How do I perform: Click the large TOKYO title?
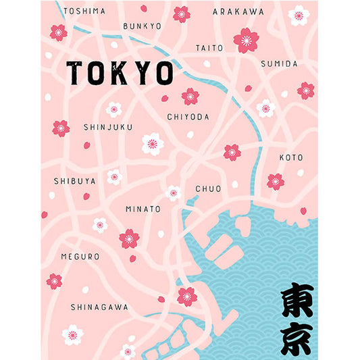click(120, 74)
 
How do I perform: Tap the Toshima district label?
click(85, 11)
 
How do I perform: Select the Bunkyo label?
click(143, 26)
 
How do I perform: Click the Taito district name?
click(209, 48)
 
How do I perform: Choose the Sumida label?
click(279, 63)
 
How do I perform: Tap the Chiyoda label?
click(188, 117)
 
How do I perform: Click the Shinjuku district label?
click(108, 127)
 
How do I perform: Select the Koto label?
click(291, 157)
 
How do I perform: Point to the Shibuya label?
click(74, 181)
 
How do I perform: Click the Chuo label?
click(208, 188)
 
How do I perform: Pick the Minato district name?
click(143, 209)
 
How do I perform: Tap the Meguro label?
click(80, 257)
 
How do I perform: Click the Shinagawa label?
click(99, 307)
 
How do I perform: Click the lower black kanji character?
click(297, 338)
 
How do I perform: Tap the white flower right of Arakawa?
click(299, 15)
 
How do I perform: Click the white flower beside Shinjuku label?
click(153, 143)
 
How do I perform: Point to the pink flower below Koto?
click(275, 181)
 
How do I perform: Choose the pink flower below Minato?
click(129, 238)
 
